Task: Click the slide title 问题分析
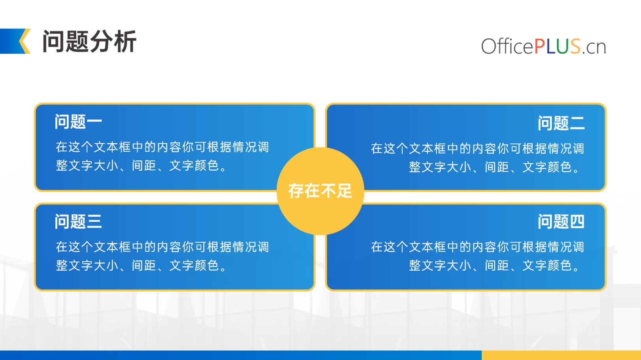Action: click(89, 41)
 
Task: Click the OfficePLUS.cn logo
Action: click(543, 46)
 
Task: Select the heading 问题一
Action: click(78, 122)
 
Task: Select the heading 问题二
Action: click(561, 123)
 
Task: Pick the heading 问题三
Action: click(78, 221)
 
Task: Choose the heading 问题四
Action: click(561, 221)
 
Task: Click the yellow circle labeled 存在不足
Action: click(320, 191)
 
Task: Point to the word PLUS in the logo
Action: click(557, 46)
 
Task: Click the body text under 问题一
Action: click(162, 156)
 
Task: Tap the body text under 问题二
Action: click(478, 158)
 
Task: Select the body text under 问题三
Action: click(162, 256)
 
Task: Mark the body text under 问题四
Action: click(478, 256)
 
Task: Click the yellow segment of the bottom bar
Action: click(561, 355)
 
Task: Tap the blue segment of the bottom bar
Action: click(241, 355)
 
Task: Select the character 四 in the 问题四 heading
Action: click(577, 222)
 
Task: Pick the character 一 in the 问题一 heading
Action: click(95, 122)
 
